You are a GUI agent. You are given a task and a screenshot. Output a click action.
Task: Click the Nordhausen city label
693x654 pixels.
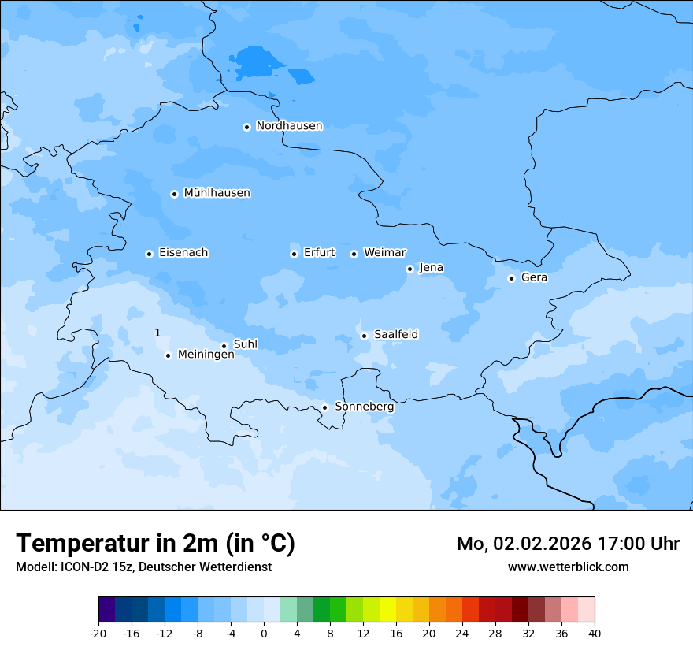pos(289,126)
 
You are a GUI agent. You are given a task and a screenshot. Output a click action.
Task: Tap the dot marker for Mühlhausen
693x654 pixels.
pos(174,194)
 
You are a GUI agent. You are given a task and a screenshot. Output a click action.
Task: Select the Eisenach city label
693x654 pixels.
pos(183,253)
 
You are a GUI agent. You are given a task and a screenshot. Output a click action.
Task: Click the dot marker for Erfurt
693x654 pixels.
pos(294,254)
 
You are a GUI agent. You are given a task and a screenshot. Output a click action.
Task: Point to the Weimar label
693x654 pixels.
pos(384,253)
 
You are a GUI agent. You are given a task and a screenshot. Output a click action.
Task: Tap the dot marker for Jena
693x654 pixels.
pos(409,269)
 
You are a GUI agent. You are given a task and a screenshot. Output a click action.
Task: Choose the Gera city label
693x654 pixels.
pos(534,277)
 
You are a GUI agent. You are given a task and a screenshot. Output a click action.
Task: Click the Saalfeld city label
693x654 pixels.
pos(396,335)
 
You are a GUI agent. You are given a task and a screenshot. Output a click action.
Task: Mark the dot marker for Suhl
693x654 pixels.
pos(224,346)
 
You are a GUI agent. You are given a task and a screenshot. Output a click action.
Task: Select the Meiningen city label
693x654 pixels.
pos(206,355)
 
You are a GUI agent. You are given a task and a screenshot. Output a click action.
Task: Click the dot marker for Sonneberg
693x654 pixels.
pos(324,407)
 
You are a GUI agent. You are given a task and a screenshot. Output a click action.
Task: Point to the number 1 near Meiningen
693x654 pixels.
pos(157,333)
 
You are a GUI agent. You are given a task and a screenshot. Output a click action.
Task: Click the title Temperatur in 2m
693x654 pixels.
pos(155,543)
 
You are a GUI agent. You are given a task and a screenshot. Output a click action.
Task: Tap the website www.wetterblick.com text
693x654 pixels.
pos(568,567)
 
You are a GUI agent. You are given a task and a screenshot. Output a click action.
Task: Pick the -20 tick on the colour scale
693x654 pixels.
pos(98,633)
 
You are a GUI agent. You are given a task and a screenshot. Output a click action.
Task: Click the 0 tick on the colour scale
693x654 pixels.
pos(264,633)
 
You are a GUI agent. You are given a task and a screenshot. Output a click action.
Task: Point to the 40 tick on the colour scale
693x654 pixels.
pos(594,633)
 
